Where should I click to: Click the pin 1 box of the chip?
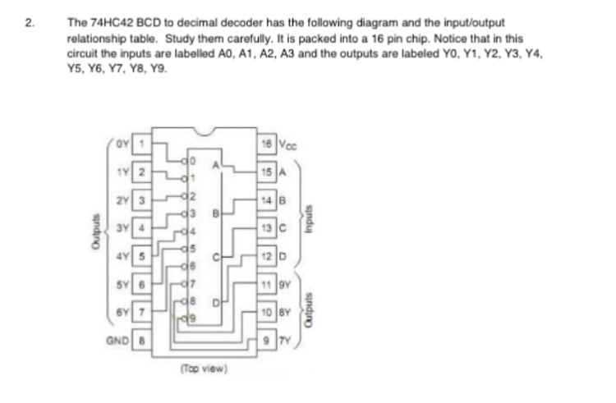click(x=140, y=144)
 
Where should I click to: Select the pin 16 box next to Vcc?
click(x=266, y=143)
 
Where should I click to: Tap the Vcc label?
click(x=288, y=143)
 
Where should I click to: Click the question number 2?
click(x=30, y=22)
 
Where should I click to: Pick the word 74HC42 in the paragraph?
click(x=107, y=22)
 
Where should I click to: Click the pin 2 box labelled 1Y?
click(x=140, y=171)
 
